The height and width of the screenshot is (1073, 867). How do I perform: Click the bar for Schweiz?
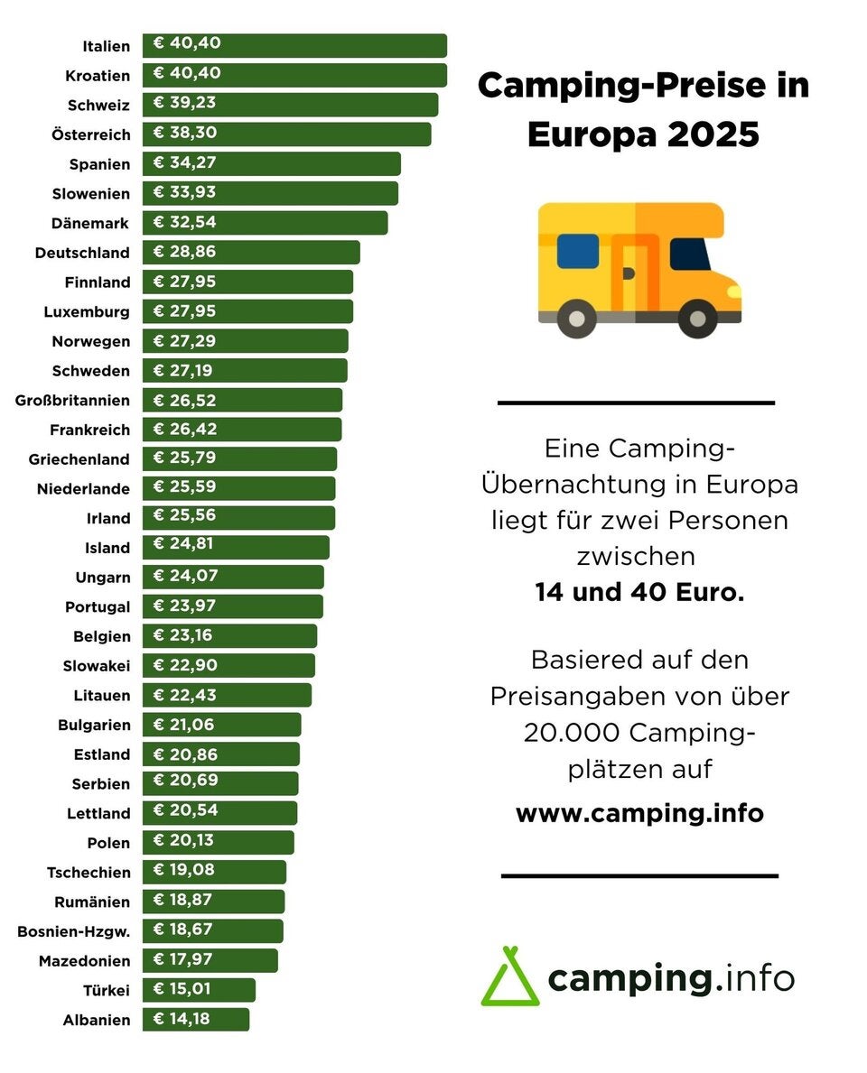(x=290, y=105)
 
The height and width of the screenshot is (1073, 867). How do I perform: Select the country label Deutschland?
(x=82, y=253)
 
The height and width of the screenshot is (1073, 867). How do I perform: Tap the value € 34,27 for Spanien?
(x=186, y=163)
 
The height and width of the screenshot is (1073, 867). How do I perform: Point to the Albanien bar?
(x=196, y=1020)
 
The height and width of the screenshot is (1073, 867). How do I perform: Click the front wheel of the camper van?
(x=697, y=317)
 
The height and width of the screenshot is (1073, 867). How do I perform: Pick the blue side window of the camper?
(x=578, y=251)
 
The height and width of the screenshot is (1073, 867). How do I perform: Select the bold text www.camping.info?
(x=639, y=813)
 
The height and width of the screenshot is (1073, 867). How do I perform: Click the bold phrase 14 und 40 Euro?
(x=639, y=593)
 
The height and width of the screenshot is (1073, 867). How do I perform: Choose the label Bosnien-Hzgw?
(x=73, y=931)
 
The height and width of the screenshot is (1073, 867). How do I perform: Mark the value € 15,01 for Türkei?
(x=182, y=989)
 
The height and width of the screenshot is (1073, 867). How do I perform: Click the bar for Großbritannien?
(x=242, y=400)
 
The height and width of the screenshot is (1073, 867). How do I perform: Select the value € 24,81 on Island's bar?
(x=185, y=544)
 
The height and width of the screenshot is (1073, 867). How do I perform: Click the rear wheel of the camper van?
(x=576, y=317)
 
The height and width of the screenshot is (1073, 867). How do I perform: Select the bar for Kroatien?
(x=294, y=75)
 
